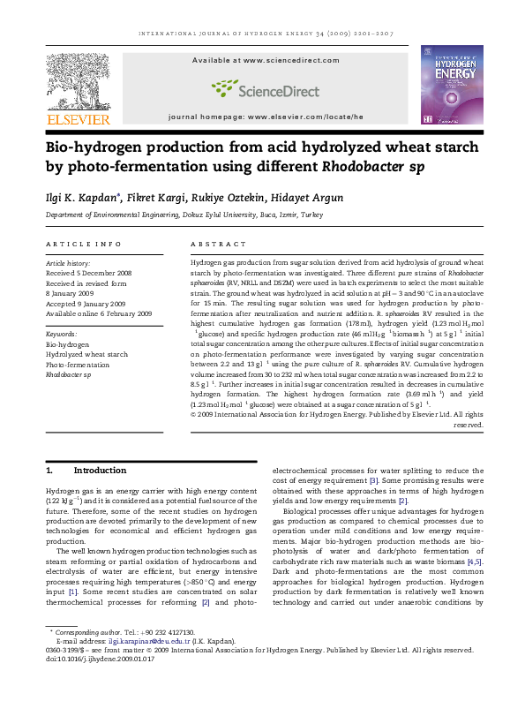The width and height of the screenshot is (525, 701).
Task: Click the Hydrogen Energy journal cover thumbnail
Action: (451, 86)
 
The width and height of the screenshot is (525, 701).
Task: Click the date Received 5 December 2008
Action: (91, 273)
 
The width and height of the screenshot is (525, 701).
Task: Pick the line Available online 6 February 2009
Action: (99, 313)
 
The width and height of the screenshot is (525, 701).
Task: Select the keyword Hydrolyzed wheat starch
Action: (86, 354)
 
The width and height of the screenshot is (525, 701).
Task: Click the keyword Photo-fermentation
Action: (78, 364)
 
